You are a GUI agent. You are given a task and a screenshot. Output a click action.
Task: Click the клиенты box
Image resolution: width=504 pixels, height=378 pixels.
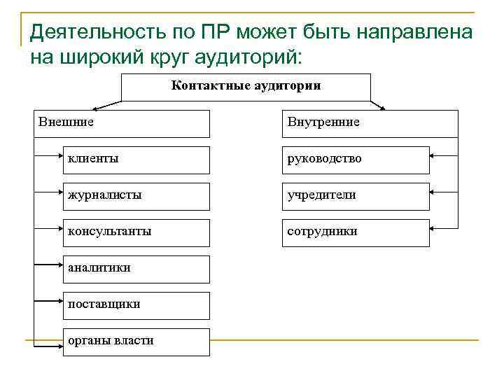click(x=136, y=160)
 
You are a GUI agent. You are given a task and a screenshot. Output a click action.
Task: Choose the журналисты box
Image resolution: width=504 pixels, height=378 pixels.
click(x=136, y=196)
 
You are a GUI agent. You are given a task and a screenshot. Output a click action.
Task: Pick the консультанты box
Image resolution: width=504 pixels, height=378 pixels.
click(x=136, y=232)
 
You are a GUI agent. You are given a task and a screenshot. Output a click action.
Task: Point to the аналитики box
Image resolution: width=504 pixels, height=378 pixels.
click(x=136, y=269)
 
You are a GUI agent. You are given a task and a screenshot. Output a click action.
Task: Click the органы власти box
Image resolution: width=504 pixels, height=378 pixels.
click(x=136, y=342)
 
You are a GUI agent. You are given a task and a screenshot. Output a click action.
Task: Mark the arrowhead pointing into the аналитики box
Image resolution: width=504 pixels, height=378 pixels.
click(x=59, y=265)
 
